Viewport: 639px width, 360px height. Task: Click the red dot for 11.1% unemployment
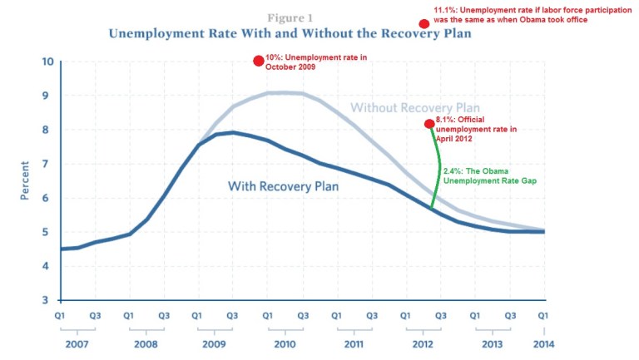click(424, 24)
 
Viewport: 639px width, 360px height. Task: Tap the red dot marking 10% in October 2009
click(258, 61)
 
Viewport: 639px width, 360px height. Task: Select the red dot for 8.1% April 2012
click(429, 124)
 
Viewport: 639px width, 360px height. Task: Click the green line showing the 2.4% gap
click(438, 170)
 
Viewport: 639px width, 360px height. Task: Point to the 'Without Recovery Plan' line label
click(415, 108)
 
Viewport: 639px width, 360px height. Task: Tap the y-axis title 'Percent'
click(25, 181)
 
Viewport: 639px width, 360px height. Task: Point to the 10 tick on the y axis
click(47, 62)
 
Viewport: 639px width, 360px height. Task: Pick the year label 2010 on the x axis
click(285, 343)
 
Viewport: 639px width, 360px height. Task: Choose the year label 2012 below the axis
click(423, 343)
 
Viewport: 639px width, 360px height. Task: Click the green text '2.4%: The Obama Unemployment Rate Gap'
click(491, 175)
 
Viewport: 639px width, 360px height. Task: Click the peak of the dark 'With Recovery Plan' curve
click(233, 132)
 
